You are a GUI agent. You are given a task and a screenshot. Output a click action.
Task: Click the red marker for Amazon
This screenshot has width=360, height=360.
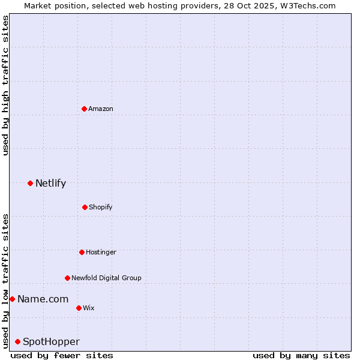click(x=84, y=109)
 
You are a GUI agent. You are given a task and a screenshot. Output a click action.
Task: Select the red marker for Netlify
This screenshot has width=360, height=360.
click(x=30, y=183)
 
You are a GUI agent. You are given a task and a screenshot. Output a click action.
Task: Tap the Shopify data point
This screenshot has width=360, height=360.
click(x=85, y=207)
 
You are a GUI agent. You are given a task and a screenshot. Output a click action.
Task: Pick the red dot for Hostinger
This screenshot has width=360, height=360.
click(x=82, y=252)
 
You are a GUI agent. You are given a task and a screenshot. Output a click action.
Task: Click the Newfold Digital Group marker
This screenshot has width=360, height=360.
click(x=67, y=278)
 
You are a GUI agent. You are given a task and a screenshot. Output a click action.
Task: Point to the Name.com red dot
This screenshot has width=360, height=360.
click(x=12, y=299)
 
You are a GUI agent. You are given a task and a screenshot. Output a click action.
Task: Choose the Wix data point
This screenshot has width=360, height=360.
click(x=79, y=308)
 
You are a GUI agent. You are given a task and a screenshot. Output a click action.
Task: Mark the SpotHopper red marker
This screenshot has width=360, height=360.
click(x=17, y=341)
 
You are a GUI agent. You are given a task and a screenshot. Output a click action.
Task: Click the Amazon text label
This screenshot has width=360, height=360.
click(x=101, y=109)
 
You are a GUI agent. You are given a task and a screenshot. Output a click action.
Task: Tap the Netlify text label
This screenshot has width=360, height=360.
click(x=50, y=183)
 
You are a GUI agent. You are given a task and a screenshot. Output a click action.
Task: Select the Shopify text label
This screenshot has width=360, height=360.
click(x=101, y=207)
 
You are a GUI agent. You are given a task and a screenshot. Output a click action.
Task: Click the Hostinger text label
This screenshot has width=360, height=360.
click(x=101, y=252)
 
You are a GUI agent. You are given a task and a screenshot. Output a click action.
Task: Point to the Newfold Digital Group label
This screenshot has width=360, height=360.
click(x=106, y=278)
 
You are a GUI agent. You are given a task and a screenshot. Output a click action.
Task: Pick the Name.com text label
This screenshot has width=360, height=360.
click(x=43, y=299)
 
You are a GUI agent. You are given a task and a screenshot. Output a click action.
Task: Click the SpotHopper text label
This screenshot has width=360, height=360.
click(x=51, y=341)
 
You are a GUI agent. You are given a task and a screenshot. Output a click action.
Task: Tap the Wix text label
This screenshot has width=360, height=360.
click(x=89, y=308)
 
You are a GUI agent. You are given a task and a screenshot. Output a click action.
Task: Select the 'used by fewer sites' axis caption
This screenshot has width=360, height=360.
click(x=62, y=355)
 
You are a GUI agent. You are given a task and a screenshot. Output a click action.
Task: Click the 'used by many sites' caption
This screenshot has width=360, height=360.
click(x=301, y=355)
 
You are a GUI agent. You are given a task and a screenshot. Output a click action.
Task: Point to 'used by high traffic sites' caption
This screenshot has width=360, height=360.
click(x=5, y=85)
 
